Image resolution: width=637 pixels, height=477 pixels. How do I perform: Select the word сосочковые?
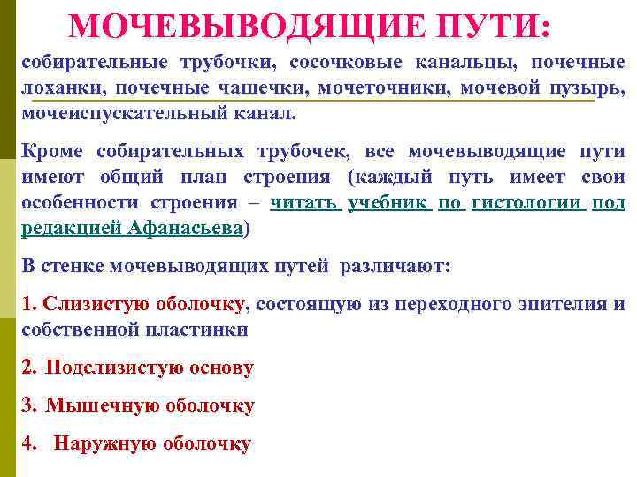(x=344, y=64)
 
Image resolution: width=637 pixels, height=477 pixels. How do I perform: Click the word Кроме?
(x=50, y=152)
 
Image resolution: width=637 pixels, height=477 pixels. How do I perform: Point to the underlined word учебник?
(x=389, y=203)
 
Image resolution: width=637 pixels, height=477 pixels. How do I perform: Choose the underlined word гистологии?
(x=527, y=203)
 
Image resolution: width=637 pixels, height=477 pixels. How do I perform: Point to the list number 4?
(x=29, y=443)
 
